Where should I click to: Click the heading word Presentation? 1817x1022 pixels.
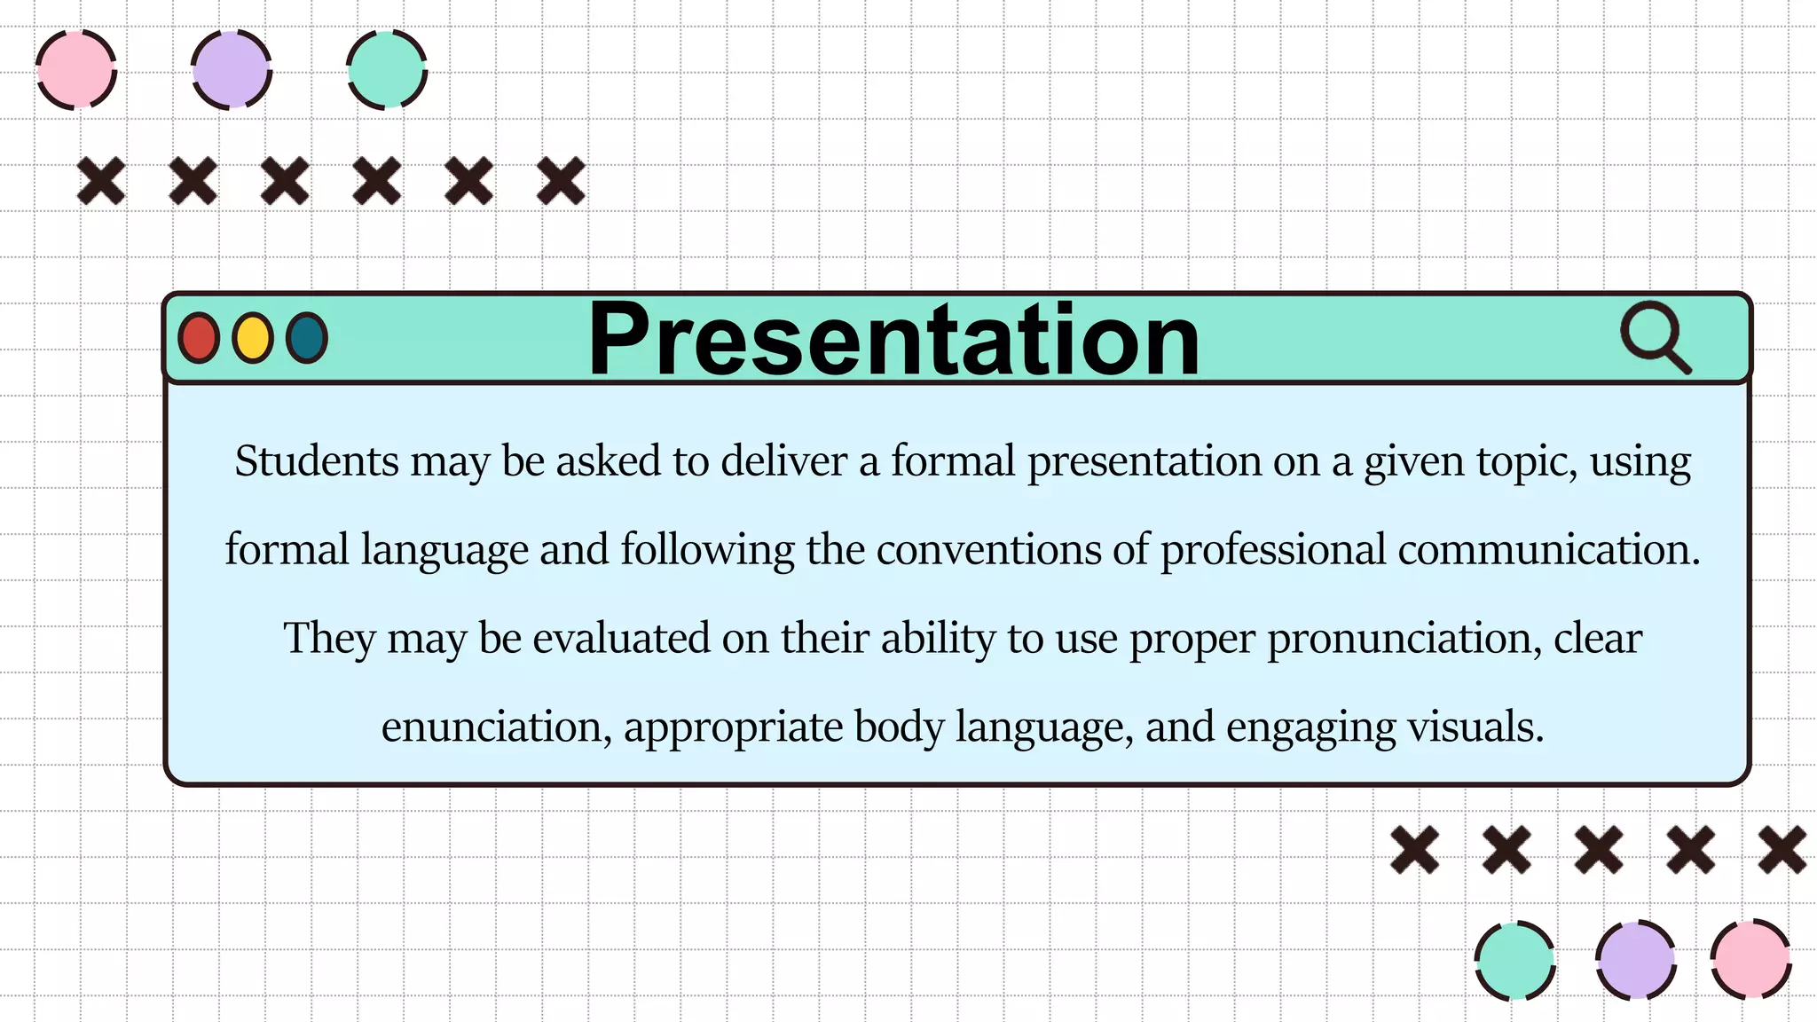893,340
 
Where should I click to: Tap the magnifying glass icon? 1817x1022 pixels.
1654,338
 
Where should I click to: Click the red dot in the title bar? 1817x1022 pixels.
199,338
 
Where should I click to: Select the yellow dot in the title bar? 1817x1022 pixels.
253,338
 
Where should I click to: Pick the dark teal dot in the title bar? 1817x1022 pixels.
307,338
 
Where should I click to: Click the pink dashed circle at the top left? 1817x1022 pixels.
76,70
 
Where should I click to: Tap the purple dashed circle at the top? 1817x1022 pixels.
232,70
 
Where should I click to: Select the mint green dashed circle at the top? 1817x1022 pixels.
387,70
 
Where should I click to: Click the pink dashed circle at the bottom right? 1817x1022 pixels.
1750,960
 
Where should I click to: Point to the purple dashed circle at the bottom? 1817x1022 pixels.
1635,960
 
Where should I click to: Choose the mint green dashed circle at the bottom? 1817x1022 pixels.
1514,960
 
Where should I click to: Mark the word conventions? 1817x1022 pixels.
988,550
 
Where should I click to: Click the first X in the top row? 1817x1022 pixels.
101,181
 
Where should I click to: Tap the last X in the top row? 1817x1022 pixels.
561,181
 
